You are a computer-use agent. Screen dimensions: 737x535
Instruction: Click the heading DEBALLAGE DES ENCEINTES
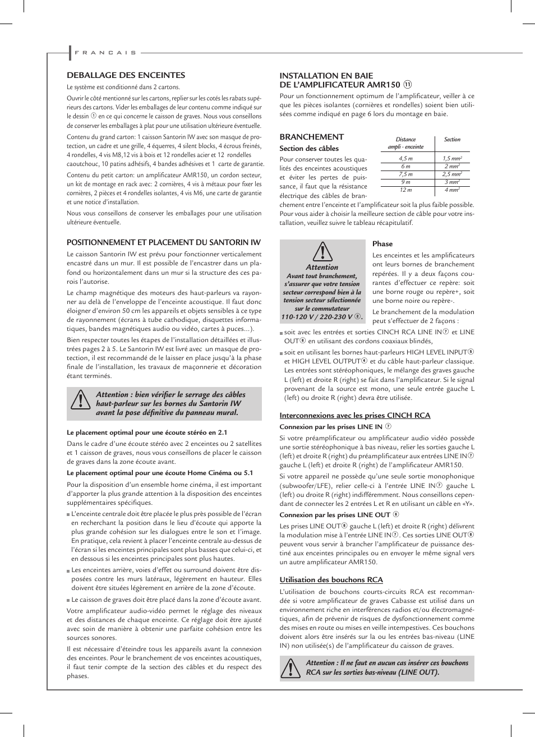[126, 75]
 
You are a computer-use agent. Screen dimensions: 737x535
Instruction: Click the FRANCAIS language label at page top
[105, 53]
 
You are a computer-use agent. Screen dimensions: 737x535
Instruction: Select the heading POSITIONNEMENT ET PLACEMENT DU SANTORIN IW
[163, 242]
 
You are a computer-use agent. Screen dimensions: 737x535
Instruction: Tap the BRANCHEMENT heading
[311, 137]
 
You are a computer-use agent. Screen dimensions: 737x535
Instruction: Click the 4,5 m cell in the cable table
[405, 159]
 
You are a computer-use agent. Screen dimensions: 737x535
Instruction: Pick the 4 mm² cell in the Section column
[452, 190]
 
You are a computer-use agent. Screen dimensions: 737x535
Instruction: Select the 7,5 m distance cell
[405, 174]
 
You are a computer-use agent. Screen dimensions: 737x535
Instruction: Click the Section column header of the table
[452, 140]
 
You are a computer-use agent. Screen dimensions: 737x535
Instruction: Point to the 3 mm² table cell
[452, 182]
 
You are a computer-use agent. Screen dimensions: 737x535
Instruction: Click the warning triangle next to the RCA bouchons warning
[290, 667]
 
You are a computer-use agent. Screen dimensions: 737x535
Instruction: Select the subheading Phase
[382, 244]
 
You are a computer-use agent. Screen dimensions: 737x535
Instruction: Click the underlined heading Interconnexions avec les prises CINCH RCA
[354, 416]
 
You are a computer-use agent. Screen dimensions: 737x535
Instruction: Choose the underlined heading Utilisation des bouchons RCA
[331, 580]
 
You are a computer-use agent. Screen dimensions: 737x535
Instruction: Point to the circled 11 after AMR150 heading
[408, 85]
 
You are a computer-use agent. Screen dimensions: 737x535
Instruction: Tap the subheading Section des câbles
[309, 149]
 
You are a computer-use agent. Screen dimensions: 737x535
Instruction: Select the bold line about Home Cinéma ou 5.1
[159, 473]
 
